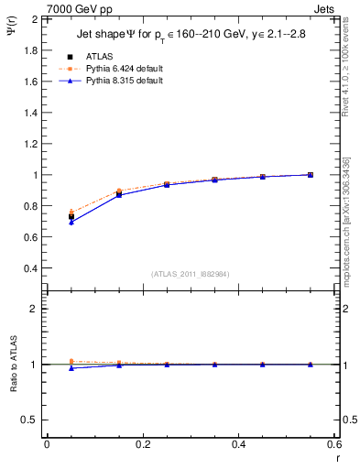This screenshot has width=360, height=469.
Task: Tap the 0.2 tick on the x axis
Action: tap(143, 444)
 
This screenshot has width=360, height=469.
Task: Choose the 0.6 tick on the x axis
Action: tap(333, 444)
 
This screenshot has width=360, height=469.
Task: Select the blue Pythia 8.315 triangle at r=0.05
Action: tap(71, 222)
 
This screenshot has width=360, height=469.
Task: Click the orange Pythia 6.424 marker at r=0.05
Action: tap(71, 212)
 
